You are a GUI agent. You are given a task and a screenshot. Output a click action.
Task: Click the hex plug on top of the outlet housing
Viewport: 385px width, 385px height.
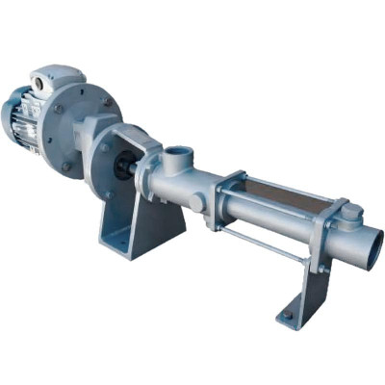tap(351, 213)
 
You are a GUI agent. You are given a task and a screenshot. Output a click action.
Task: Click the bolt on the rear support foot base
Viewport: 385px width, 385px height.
tap(287, 315)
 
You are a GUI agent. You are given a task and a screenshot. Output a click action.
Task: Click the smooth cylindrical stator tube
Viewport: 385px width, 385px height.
tap(279, 227)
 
